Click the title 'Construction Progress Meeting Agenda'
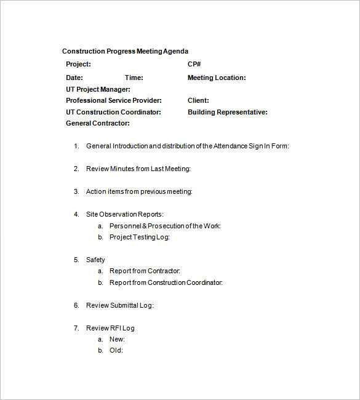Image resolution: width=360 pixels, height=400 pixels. (x=125, y=51)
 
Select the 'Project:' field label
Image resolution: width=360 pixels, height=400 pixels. (x=78, y=64)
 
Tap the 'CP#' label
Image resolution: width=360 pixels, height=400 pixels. (x=194, y=64)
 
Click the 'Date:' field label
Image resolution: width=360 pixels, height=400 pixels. (x=74, y=78)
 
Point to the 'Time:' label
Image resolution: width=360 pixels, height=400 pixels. (x=134, y=78)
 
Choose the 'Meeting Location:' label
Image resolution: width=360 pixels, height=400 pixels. (x=217, y=78)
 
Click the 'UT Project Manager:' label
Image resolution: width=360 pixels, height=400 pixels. (x=98, y=89)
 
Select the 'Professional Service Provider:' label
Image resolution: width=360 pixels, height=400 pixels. (x=114, y=100)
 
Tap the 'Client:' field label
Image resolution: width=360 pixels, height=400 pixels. (x=198, y=100)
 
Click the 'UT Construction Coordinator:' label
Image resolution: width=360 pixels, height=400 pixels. (x=113, y=112)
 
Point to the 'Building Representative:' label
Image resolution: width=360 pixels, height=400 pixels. (x=228, y=112)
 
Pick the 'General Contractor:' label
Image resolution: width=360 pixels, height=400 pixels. (x=98, y=123)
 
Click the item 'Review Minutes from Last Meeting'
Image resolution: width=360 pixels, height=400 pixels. (x=138, y=169)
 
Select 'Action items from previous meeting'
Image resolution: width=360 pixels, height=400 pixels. (x=139, y=191)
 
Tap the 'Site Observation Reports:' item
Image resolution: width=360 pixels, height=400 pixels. (x=125, y=214)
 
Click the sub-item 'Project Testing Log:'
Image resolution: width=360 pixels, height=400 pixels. (x=139, y=237)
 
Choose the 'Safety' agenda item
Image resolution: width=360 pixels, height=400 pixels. (x=95, y=260)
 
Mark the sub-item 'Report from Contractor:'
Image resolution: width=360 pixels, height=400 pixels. (x=145, y=271)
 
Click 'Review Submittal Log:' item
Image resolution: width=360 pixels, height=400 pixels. (x=120, y=305)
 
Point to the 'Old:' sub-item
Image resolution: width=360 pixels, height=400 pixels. (x=116, y=350)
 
